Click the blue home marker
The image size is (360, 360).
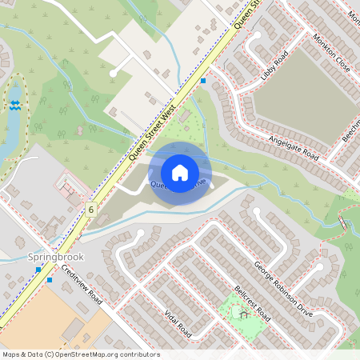(x=180, y=173)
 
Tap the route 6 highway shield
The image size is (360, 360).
(x=92, y=209)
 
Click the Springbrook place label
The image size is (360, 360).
(x=55, y=257)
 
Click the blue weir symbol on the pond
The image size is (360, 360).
(x=14, y=104)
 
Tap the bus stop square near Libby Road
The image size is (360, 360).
(x=204, y=81)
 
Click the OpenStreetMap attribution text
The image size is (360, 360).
(x=80, y=354)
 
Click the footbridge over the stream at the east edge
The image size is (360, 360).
(x=345, y=225)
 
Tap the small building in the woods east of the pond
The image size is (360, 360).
(x=79, y=130)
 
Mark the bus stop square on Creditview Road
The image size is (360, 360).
(x=50, y=280)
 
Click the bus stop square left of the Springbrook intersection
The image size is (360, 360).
(x=37, y=270)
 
